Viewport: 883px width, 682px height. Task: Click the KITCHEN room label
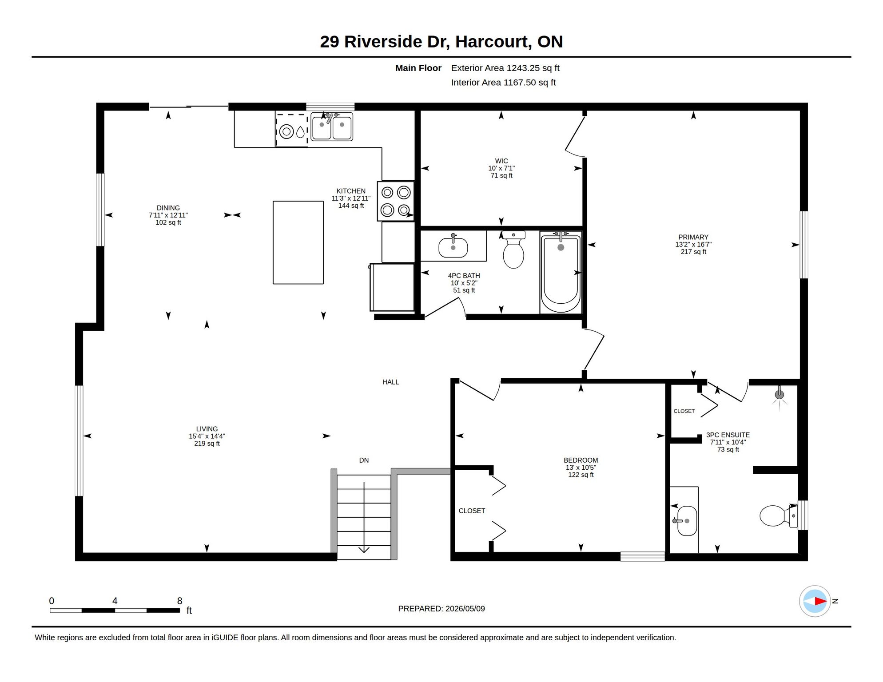click(x=351, y=191)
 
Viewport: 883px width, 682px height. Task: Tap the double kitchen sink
click(x=332, y=127)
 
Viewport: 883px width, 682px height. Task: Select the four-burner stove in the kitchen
click(x=396, y=201)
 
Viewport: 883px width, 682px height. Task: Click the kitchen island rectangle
click(x=298, y=242)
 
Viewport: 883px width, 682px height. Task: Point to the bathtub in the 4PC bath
click(x=561, y=272)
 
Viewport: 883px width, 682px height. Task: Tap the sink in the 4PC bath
click(x=453, y=247)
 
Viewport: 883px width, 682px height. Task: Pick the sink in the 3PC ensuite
click(x=686, y=521)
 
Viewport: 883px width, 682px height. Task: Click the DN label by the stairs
click(x=364, y=460)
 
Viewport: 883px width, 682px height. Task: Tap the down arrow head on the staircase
click(x=364, y=550)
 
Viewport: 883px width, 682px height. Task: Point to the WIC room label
click(x=501, y=161)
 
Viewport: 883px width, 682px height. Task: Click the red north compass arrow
click(x=820, y=601)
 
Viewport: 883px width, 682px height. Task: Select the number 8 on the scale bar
click(x=179, y=601)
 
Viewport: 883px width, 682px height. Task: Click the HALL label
click(x=390, y=382)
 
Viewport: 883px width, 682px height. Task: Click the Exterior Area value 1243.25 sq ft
click(x=533, y=68)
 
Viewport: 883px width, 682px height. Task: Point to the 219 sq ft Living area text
click(x=207, y=444)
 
